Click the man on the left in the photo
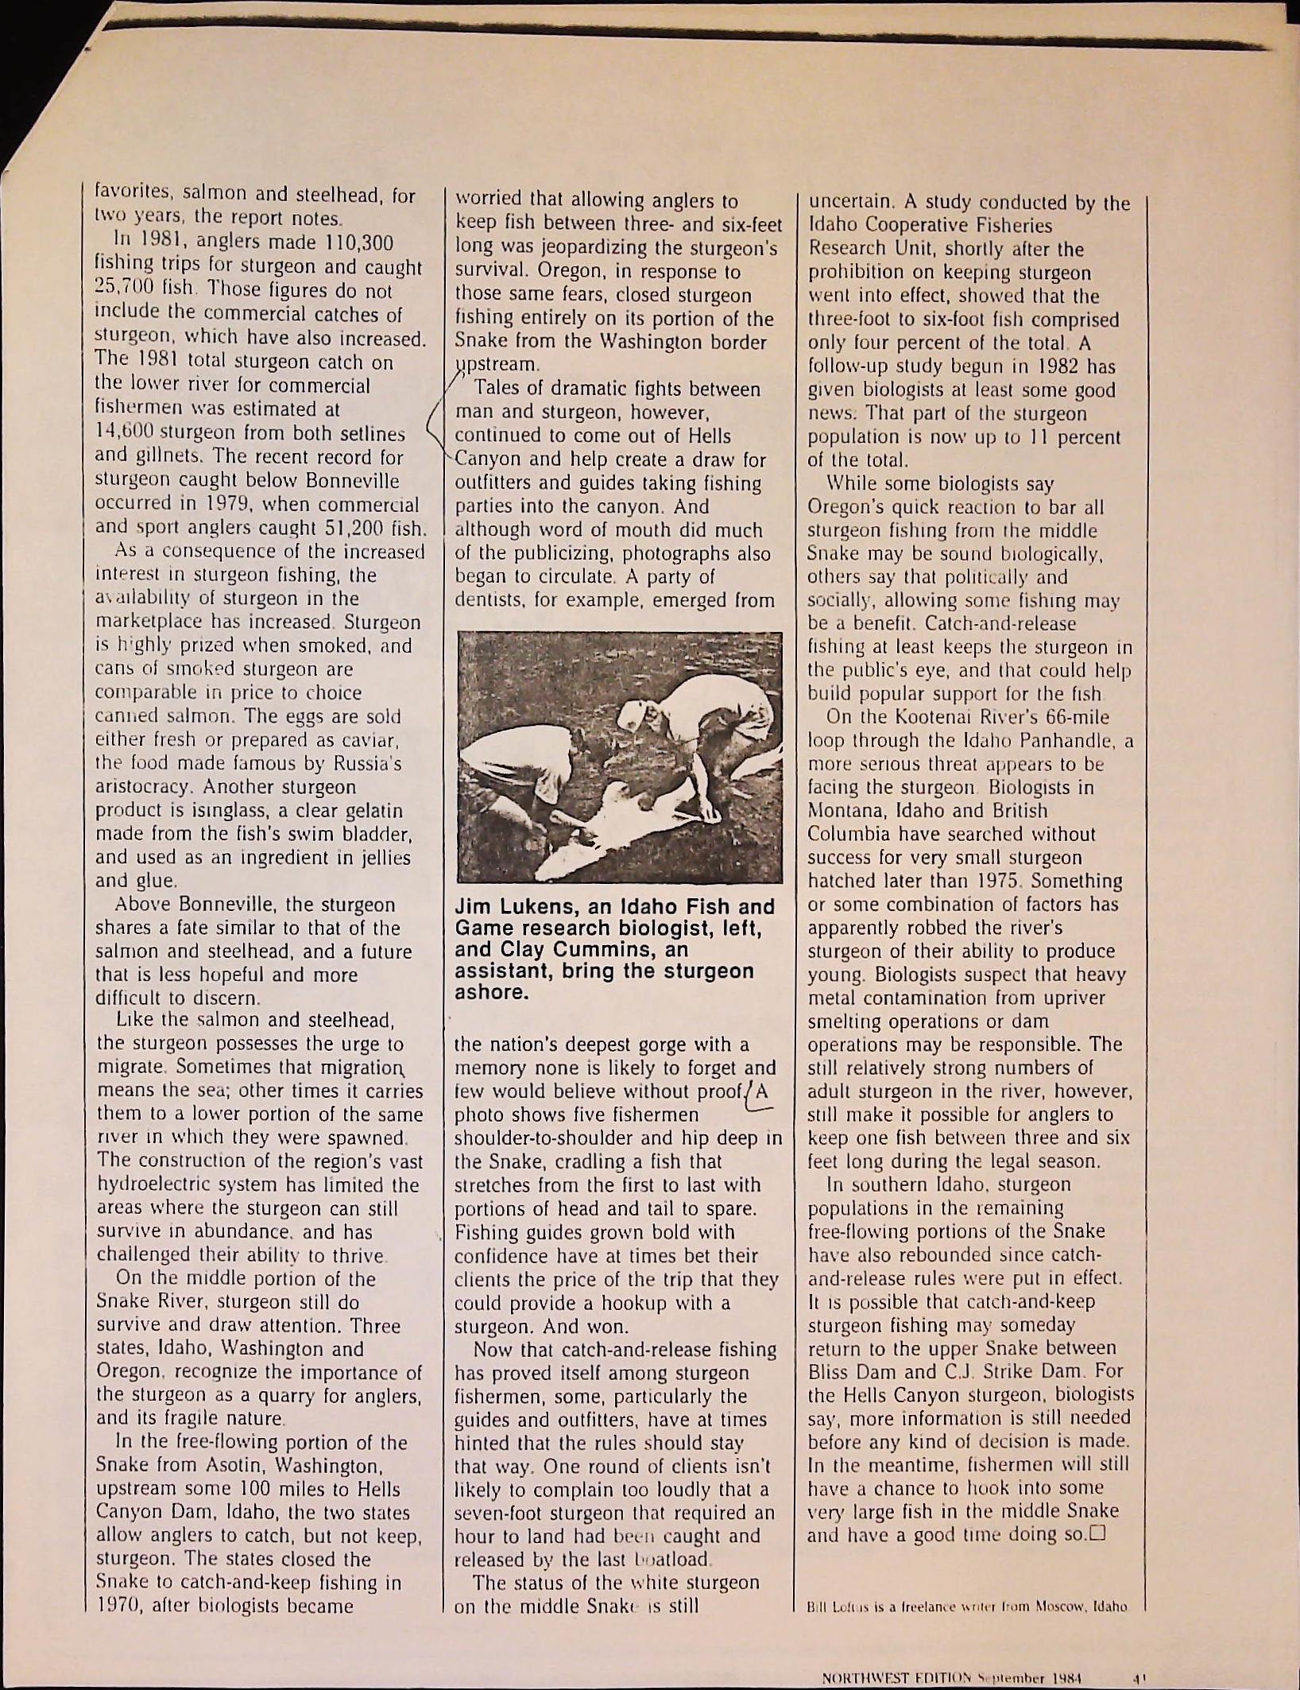coord(540,763)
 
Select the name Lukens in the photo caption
coord(524,907)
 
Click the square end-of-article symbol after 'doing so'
coord(1099,1533)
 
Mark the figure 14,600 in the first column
coord(124,433)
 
